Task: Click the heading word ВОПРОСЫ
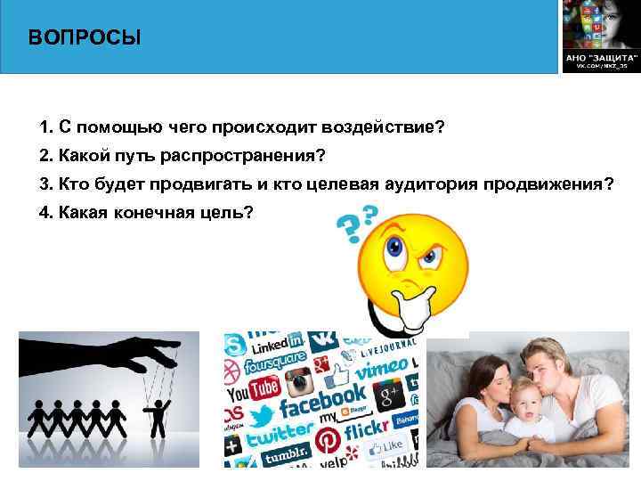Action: [84, 38]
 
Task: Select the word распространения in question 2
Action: [243, 155]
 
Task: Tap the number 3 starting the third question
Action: [44, 184]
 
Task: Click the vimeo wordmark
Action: [385, 367]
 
